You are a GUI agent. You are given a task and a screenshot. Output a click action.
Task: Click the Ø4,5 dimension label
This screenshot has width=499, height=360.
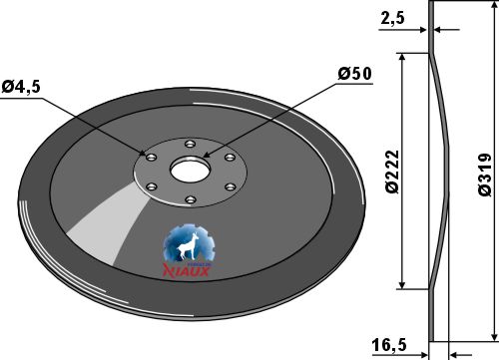[x=21, y=87]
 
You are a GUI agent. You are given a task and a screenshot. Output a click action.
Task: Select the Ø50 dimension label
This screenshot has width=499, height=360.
[x=354, y=74]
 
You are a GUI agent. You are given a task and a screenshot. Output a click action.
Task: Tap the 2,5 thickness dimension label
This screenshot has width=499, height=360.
[x=392, y=18]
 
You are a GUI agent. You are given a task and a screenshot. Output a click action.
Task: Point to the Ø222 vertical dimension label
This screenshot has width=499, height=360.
[x=392, y=172]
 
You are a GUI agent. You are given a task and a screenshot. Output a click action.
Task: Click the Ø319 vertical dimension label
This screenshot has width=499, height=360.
[x=484, y=175]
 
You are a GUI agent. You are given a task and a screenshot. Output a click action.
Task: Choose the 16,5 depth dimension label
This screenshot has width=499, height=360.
[x=389, y=345]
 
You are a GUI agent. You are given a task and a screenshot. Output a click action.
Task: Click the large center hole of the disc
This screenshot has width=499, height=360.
[x=191, y=171]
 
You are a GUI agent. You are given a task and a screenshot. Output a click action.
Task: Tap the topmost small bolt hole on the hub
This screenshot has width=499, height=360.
[x=190, y=145]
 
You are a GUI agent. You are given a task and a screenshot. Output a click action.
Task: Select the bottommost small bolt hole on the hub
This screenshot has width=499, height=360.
[x=190, y=199]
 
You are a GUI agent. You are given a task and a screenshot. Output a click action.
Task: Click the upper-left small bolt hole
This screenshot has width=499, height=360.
[x=151, y=157]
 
